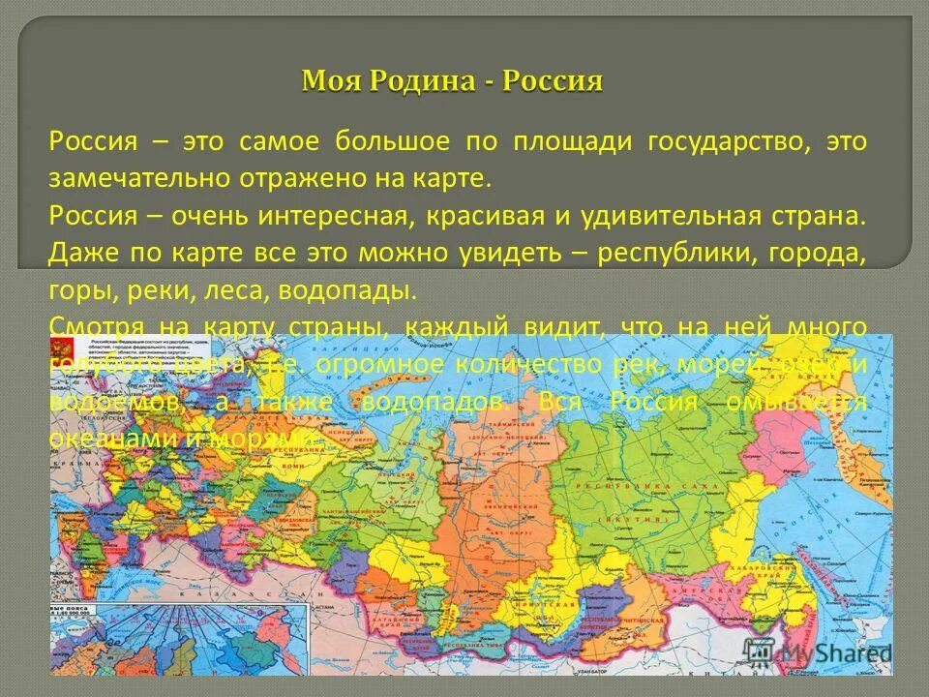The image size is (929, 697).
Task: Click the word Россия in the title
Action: [x=552, y=80]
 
